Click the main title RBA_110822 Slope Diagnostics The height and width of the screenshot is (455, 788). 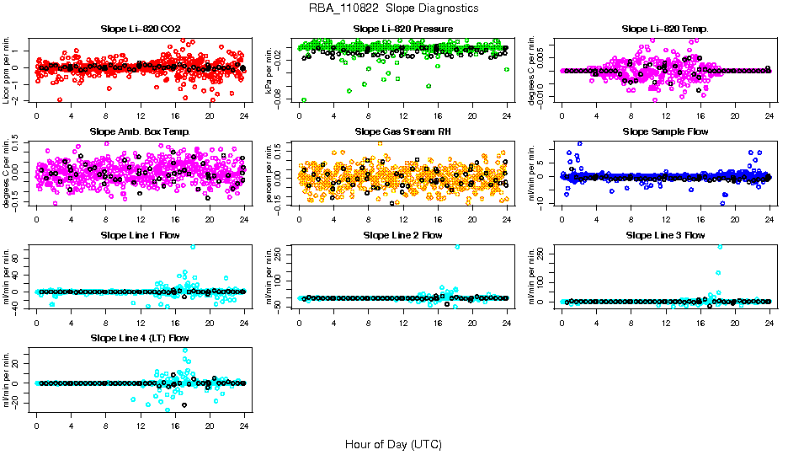pyautogui.click(x=393, y=8)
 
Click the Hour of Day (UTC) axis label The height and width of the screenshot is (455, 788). pyautogui.click(x=393, y=443)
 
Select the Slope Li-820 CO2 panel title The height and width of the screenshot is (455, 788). pyautogui.click(x=140, y=29)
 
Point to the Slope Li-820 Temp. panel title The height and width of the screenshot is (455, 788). pyautogui.click(x=665, y=29)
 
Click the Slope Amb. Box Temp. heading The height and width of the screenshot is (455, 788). pyautogui.click(x=140, y=131)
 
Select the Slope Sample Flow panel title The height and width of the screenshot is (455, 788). pyautogui.click(x=665, y=131)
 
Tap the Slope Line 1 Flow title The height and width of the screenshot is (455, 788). pyautogui.click(x=140, y=234)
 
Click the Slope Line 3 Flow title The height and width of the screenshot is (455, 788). pyautogui.click(x=665, y=234)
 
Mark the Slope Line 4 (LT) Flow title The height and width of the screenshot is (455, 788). pyautogui.click(x=140, y=338)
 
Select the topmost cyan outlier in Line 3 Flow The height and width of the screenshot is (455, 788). pyautogui.click(x=720, y=246)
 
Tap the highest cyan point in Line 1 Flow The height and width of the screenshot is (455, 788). pyautogui.click(x=193, y=246)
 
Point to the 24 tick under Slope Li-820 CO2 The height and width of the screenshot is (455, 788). pyautogui.click(x=244, y=115)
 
